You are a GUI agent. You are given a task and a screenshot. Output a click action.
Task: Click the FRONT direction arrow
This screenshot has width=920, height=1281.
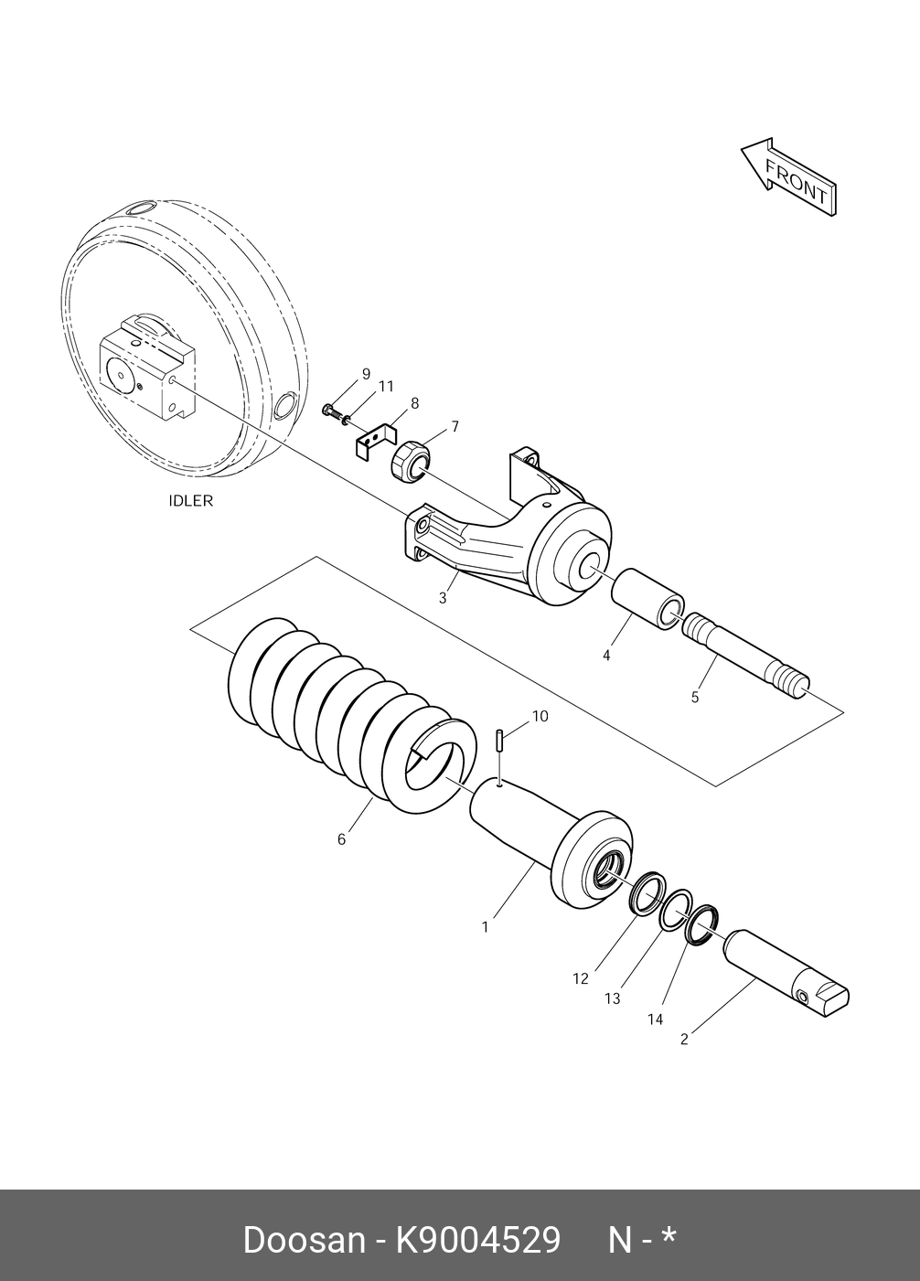[x=788, y=178]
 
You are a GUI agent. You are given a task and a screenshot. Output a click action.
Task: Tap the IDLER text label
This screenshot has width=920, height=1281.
[x=190, y=500]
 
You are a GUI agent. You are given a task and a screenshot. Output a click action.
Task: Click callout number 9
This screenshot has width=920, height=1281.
[x=366, y=373]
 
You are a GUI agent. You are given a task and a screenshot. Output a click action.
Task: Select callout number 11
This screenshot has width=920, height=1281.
[x=386, y=386]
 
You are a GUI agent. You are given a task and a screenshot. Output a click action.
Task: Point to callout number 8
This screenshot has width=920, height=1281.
[x=414, y=403]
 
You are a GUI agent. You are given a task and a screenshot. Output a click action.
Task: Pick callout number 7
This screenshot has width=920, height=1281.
[x=454, y=426]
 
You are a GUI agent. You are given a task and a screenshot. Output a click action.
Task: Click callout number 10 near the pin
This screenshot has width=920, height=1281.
[x=540, y=716]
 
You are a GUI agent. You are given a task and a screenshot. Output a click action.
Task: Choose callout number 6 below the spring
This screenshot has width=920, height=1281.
[x=341, y=838]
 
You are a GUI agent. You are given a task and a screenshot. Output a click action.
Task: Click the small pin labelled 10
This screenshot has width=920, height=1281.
[x=500, y=739]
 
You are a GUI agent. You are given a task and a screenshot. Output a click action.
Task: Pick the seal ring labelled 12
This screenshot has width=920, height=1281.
[x=647, y=891]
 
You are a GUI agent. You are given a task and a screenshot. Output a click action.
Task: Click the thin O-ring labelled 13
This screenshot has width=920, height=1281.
[x=678, y=911]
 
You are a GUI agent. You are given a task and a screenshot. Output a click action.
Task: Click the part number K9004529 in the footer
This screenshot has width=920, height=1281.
[x=476, y=1240]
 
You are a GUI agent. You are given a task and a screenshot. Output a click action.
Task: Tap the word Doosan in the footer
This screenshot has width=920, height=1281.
[x=303, y=1240]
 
